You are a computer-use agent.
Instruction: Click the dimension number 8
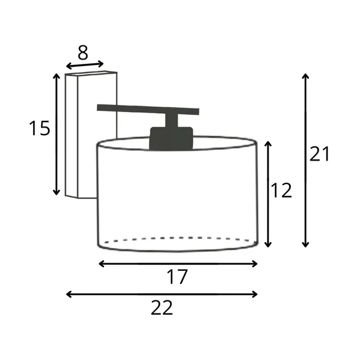[x=83, y=53]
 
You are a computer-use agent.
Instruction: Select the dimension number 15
[x=40, y=128]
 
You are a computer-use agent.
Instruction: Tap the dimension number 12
[x=282, y=191]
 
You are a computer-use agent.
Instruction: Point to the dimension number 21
[x=319, y=153]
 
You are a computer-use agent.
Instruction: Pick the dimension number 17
[x=177, y=277]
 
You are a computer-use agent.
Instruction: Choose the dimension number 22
[x=162, y=307]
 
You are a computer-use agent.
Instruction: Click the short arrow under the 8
[x=85, y=65]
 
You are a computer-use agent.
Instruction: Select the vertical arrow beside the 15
[x=57, y=135]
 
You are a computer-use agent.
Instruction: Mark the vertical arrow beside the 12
[x=268, y=194]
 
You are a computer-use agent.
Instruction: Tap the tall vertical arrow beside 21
[x=305, y=161]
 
